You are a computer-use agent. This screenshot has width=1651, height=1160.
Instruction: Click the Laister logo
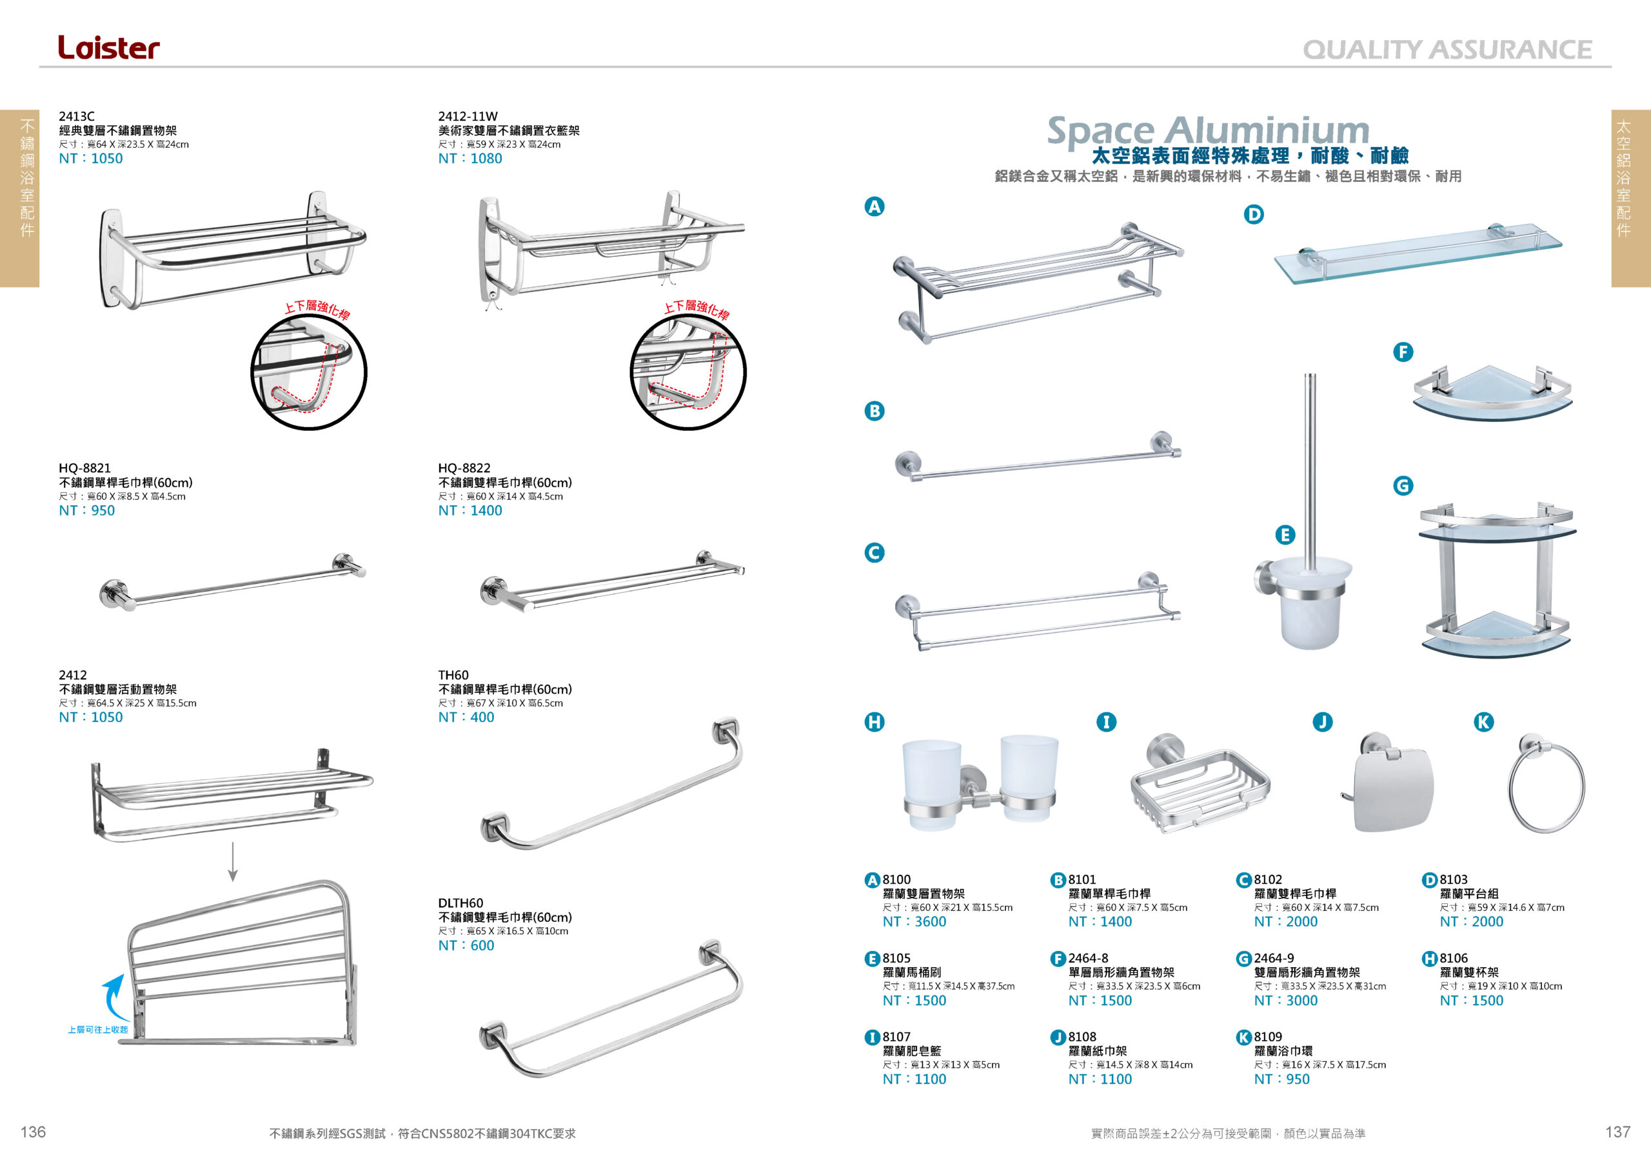[108, 48]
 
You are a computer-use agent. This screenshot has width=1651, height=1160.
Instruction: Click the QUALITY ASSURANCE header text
[1447, 50]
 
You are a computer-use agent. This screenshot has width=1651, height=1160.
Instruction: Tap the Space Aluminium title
[1208, 130]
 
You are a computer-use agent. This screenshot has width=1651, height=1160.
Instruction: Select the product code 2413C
[76, 115]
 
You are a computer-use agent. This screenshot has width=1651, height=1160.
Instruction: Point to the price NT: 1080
[470, 158]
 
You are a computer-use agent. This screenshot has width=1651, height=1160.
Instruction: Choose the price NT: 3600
[914, 921]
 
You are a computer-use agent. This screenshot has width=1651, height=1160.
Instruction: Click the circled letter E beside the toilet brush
[1285, 534]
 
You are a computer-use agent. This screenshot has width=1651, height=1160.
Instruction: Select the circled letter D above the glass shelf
[1253, 214]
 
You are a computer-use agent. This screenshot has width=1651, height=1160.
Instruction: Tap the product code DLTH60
[460, 903]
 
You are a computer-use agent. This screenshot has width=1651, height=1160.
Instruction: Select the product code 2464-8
[1088, 958]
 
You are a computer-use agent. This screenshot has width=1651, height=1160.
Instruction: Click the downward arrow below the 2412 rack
[232, 861]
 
